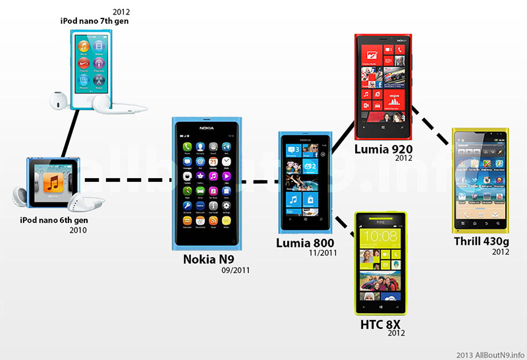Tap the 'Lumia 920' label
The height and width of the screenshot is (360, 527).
tap(383, 150)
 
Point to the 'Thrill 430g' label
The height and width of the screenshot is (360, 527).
tap(482, 241)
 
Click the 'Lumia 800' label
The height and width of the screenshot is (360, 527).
tap(304, 244)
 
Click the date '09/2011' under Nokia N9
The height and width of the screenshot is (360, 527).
tap(236, 269)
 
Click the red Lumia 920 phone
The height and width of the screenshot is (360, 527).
tap(383, 82)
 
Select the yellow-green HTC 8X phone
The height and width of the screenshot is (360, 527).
tap(381, 262)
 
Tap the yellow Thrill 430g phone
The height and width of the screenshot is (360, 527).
tap(482, 179)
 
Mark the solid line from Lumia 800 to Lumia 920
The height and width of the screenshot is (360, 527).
tap(342, 140)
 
